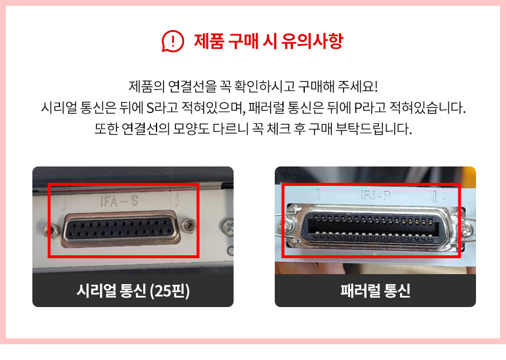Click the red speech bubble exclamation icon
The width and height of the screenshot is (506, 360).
tap(172, 41)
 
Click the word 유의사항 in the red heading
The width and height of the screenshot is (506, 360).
tap(312, 41)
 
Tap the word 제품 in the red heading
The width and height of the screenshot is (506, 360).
tap(209, 41)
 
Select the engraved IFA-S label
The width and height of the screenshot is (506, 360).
tap(119, 201)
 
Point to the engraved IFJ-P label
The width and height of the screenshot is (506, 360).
tap(375, 195)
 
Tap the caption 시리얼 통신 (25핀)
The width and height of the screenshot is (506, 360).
tap(133, 291)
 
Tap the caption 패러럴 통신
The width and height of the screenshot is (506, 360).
tap(375, 291)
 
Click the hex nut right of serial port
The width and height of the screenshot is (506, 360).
tap(189, 225)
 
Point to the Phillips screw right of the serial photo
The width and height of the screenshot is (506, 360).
tap(229, 226)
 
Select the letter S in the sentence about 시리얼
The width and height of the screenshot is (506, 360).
tap(150, 108)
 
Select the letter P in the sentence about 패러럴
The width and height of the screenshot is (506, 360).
tap(358, 108)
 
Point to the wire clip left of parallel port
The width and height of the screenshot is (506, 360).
tap(289, 226)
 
